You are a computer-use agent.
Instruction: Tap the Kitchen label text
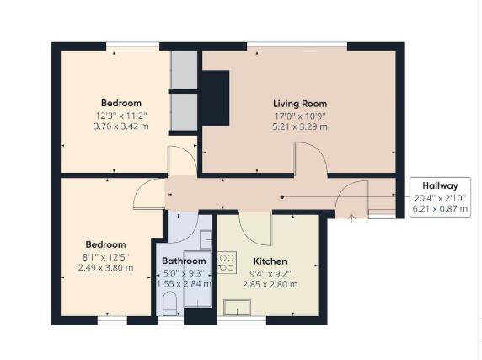click(270, 261)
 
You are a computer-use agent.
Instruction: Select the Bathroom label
click(184, 261)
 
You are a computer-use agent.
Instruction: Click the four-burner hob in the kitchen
click(227, 262)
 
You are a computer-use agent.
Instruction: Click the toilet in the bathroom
click(170, 305)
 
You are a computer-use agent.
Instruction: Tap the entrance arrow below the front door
click(351, 218)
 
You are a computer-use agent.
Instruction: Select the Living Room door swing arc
click(308, 160)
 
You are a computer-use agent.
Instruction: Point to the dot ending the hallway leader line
click(282, 197)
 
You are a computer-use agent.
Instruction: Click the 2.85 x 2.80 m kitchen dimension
click(270, 284)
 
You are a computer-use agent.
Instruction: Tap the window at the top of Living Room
click(297, 46)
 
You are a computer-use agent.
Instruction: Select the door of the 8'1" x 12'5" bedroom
click(149, 196)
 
